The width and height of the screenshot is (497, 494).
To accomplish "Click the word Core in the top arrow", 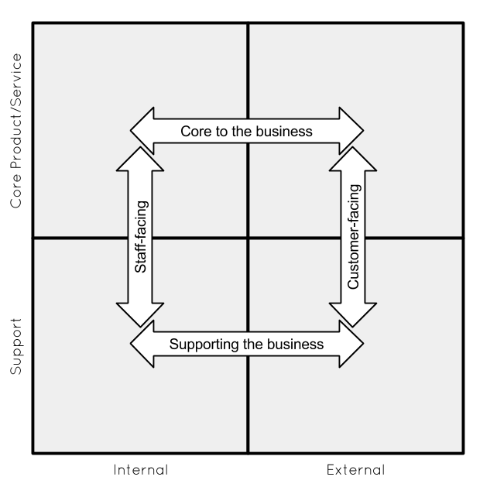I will tap(195, 132).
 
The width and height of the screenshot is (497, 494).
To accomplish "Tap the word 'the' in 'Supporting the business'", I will tap(252, 345).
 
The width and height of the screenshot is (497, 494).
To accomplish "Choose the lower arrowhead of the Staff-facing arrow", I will tap(140, 314).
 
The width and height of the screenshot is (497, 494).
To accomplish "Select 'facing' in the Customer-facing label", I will tap(353, 208).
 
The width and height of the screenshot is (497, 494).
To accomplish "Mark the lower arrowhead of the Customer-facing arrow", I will tap(353, 314).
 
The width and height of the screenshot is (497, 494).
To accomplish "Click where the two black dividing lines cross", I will tap(248, 238).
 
